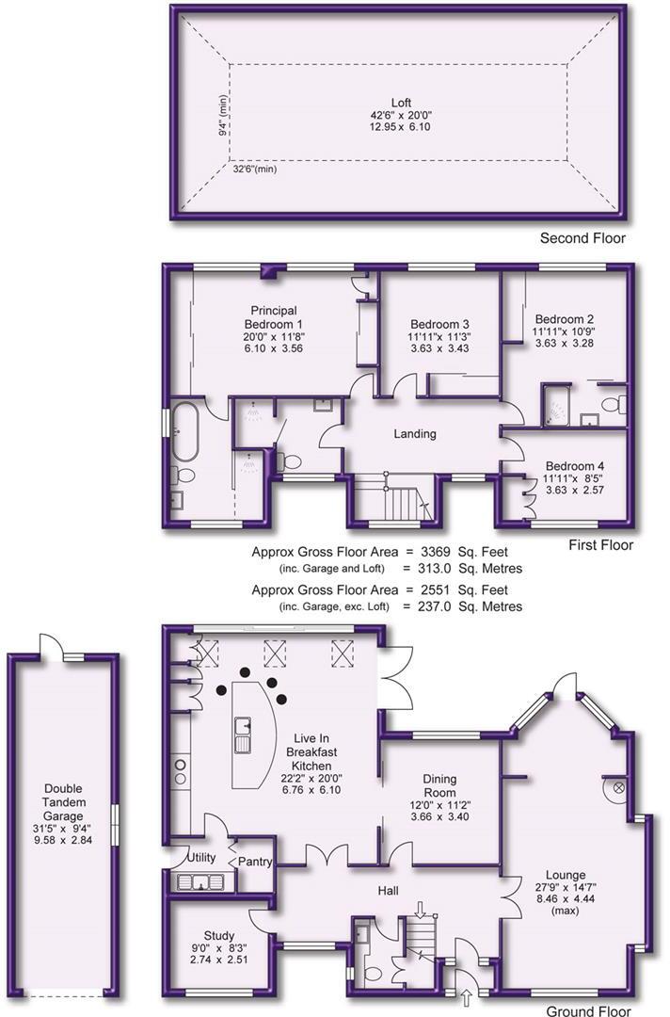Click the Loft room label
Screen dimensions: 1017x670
(401, 104)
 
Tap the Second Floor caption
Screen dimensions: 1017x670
(582, 238)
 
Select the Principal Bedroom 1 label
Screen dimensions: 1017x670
(274, 317)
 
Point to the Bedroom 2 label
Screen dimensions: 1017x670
(564, 318)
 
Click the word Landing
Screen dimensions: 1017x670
(415, 434)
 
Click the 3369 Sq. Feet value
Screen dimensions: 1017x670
(462, 552)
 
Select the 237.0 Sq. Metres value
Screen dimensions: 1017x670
(463, 606)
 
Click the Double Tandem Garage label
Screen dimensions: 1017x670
(62, 802)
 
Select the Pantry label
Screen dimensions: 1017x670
(255, 861)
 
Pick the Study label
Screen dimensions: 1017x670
(219, 909)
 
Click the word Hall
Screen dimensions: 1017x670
(387, 891)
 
